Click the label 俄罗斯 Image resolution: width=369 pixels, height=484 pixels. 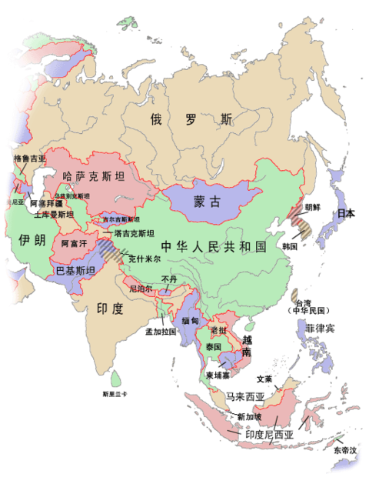click(191, 120)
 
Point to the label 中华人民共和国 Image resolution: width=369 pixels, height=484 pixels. click(214, 247)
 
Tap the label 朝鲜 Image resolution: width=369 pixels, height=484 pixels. click(311, 207)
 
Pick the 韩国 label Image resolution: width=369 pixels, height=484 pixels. click(290, 246)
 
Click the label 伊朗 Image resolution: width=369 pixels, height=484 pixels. click(23, 240)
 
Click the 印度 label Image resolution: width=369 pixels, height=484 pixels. click(110, 310)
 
